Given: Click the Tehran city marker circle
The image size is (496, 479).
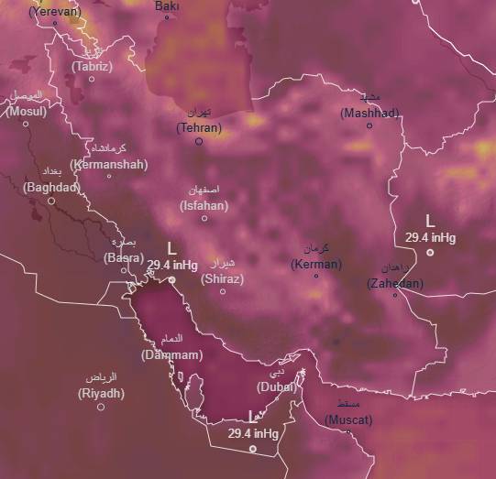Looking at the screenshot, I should click(x=199, y=142).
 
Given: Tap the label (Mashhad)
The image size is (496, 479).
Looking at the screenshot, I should click(x=369, y=113).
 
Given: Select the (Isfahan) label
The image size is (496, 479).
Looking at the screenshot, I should click(x=204, y=206).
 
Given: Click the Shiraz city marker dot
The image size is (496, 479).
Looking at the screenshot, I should click(x=222, y=291).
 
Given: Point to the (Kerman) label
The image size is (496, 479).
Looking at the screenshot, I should click(x=316, y=264).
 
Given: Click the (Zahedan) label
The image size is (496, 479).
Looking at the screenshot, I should click(x=395, y=283).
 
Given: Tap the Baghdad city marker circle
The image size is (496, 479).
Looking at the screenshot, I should click(x=51, y=200).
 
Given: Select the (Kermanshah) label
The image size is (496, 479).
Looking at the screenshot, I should click(x=108, y=164).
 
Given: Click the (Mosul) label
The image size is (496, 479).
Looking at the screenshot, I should click(x=27, y=111).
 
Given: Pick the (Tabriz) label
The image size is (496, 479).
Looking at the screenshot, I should click(x=92, y=66).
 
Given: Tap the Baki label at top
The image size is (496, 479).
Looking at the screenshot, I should click(x=167, y=5).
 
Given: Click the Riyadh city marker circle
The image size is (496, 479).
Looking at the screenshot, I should click(x=101, y=407).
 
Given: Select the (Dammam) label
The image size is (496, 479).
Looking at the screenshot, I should click(x=171, y=354).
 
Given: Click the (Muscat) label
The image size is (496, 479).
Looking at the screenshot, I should click(x=349, y=419).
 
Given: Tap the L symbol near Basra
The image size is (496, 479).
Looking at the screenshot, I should click(x=172, y=248).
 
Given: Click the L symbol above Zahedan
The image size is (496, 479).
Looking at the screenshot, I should click(x=431, y=221).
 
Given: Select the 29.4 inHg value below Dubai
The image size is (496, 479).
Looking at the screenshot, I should click(x=253, y=433).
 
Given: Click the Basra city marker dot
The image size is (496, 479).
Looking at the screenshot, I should click(x=124, y=269).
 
